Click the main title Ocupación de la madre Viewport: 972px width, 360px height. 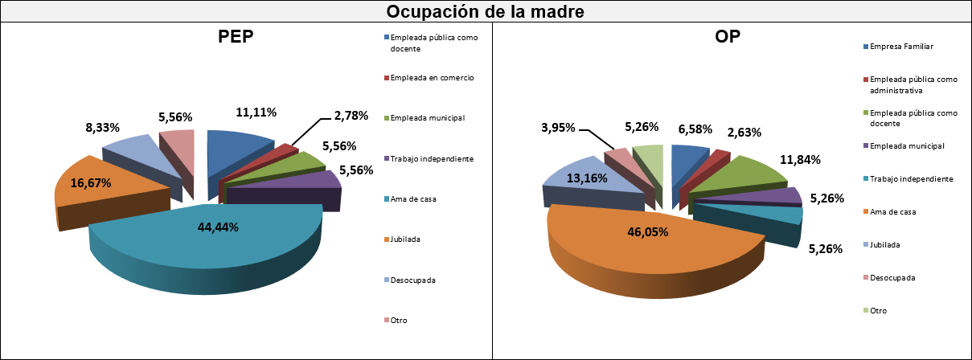[x=486, y=12]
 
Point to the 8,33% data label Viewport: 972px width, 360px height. [x=102, y=128]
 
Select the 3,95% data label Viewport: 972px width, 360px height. [x=556, y=128]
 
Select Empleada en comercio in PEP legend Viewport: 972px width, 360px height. [x=431, y=78]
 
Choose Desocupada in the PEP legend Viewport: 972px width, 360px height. [x=412, y=280]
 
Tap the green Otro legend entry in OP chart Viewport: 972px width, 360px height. [x=880, y=310]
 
